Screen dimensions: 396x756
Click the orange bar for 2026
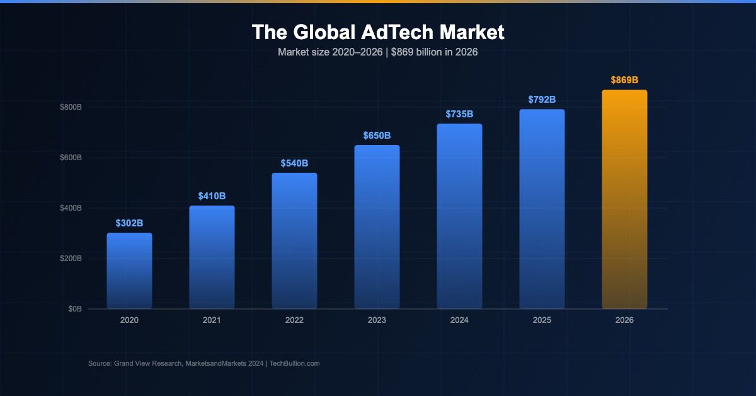pyautogui.click(x=624, y=199)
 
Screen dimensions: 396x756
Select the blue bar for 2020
pyautogui.click(x=129, y=271)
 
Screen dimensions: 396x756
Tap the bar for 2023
pyautogui.click(x=377, y=227)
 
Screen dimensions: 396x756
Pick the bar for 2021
pyautogui.click(x=212, y=257)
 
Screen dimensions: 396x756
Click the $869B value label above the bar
pyautogui.click(x=624, y=80)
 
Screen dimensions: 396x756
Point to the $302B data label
pyautogui.click(x=129, y=223)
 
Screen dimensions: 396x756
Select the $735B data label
pyautogui.click(x=459, y=114)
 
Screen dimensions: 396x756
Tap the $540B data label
pyautogui.click(x=294, y=163)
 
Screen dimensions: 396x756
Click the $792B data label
pyautogui.click(x=542, y=100)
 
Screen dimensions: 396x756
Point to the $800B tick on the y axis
pyautogui.click(x=71, y=107)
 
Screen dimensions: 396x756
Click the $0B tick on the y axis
pyautogui.click(x=74, y=309)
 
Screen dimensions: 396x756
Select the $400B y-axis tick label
pyautogui.click(x=71, y=208)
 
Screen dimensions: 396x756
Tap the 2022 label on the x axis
pyautogui.click(x=294, y=320)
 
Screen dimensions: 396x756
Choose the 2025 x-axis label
pyautogui.click(x=542, y=320)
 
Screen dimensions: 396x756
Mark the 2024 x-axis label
pyautogui.click(x=459, y=320)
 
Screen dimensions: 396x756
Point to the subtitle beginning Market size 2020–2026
pyautogui.click(x=377, y=52)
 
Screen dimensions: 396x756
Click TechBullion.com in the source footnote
pyautogui.click(x=295, y=364)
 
